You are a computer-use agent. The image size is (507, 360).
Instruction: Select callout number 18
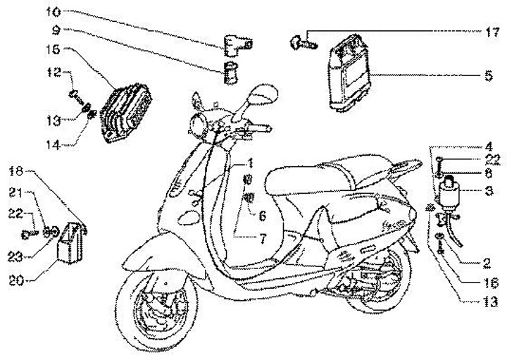tap(17, 170)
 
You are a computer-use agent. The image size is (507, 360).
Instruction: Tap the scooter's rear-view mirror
tap(263, 91)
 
